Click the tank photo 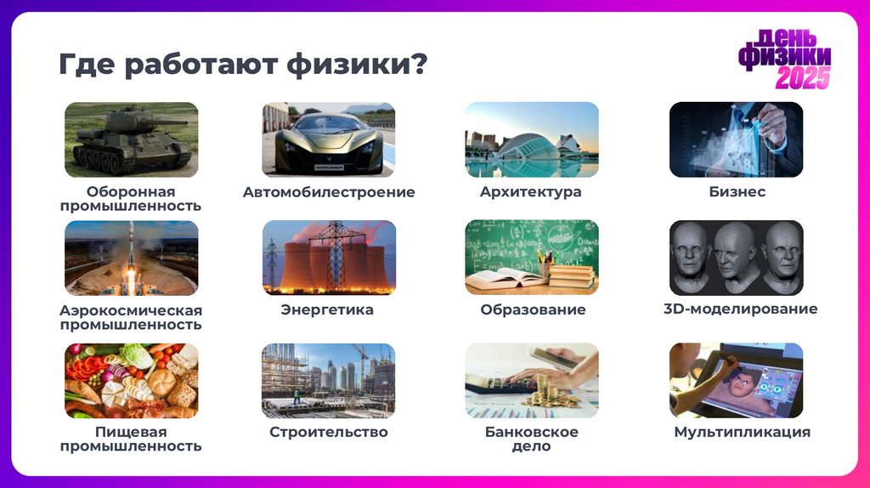click(x=132, y=139)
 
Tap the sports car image click(x=328, y=139)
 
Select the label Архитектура click(x=530, y=192)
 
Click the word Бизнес click(x=737, y=192)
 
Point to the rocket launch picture click(x=132, y=258)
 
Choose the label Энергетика click(x=327, y=309)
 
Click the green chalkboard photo click(x=531, y=258)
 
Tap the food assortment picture click(x=132, y=380)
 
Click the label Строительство click(x=328, y=432)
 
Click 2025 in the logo click(x=802, y=78)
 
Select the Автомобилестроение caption click(x=329, y=192)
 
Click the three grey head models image click(x=736, y=258)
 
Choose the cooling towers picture click(x=328, y=258)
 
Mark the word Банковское click(x=532, y=432)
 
